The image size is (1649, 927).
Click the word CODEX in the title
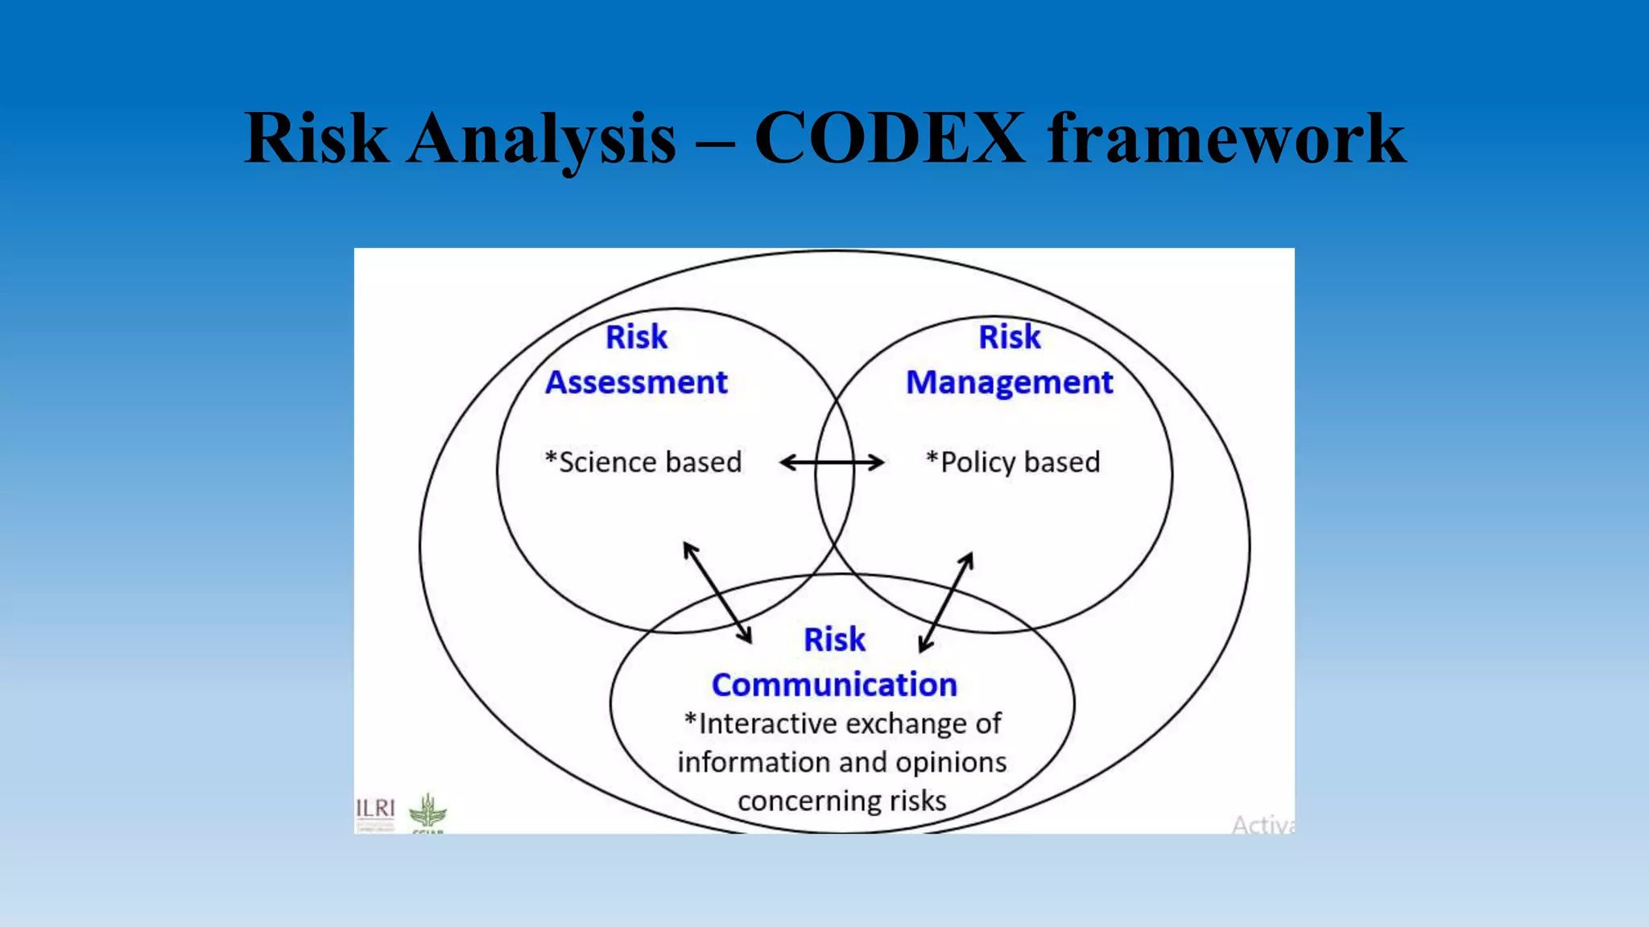890,138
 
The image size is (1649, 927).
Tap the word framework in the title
1226,138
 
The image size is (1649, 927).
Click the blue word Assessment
636,382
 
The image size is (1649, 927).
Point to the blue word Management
1009,382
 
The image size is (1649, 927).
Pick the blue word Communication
834,685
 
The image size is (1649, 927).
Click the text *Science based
643,462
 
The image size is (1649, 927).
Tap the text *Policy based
1013,462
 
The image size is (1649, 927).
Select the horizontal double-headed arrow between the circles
833,462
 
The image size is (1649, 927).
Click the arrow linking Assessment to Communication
717,592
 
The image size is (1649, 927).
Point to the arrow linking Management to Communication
946,601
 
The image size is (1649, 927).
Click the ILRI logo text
376,808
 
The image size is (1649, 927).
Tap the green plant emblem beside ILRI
428,811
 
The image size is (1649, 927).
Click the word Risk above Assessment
636,337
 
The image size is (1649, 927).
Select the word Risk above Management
1009,337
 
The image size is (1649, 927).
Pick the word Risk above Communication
834,640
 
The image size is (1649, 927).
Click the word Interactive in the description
767,724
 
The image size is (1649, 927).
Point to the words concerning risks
841,801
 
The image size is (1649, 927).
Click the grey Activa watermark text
1262,825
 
